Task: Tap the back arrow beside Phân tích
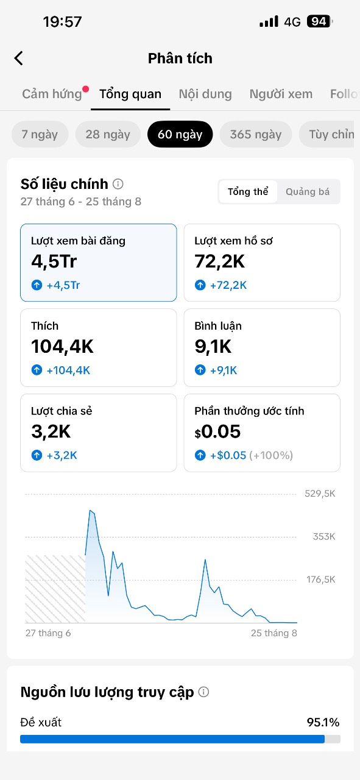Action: tap(19, 58)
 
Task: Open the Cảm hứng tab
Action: tap(52, 94)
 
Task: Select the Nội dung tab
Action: tap(205, 94)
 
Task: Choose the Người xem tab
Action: tap(281, 94)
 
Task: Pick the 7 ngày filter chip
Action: tap(40, 135)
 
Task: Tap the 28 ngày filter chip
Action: tap(108, 135)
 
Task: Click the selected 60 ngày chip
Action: tap(180, 135)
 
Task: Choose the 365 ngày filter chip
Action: tap(256, 135)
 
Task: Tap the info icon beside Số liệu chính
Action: tap(118, 184)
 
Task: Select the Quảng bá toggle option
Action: tap(308, 191)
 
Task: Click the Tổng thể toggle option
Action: tap(248, 191)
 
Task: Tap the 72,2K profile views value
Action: tap(219, 261)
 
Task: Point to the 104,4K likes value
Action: tap(62, 347)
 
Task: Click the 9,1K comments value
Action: tap(213, 347)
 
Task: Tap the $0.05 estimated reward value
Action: tap(217, 432)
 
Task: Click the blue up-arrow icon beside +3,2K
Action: tap(37, 455)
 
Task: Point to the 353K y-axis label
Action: tap(324, 537)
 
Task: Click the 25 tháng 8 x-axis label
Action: tap(274, 633)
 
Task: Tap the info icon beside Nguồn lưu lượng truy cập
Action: tap(203, 692)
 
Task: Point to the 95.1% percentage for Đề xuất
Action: tap(323, 723)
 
